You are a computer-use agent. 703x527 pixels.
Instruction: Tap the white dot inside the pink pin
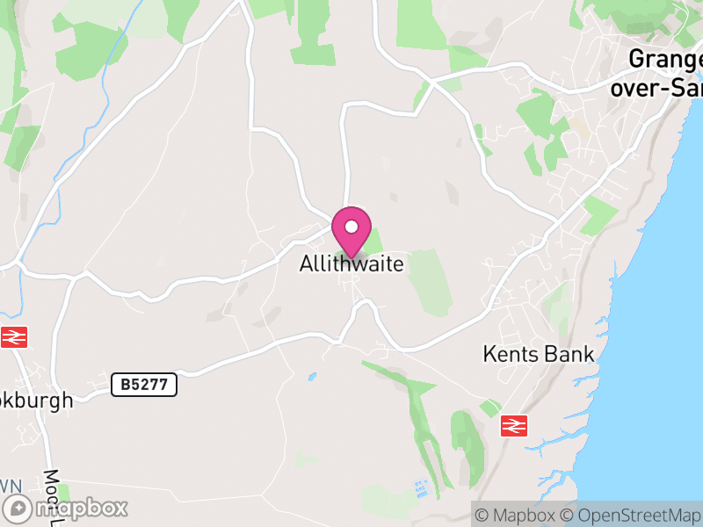[x=351, y=227]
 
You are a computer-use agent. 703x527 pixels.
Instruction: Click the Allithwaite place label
[x=351, y=263]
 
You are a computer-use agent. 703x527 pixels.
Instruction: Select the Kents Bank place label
[x=539, y=355]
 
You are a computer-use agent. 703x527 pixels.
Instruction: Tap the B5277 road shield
[x=144, y=384]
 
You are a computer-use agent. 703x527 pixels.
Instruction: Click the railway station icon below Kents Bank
[x=513, y=426]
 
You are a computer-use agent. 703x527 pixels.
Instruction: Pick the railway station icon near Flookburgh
[x=14, y=336]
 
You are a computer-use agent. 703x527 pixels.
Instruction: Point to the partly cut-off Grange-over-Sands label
[x=666, y=73]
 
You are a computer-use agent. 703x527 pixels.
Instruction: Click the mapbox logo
[x=67, y=508]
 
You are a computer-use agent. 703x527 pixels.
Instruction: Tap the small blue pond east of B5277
[x=311, y=377]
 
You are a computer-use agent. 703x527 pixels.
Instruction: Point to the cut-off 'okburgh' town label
[x=37, y=400]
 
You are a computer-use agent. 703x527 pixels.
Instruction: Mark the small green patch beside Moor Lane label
[x=63, y=492]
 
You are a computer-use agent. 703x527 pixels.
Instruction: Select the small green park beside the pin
[x=373, y=239]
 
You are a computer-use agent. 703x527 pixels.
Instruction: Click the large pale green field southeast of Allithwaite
[x=431, y=281]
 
